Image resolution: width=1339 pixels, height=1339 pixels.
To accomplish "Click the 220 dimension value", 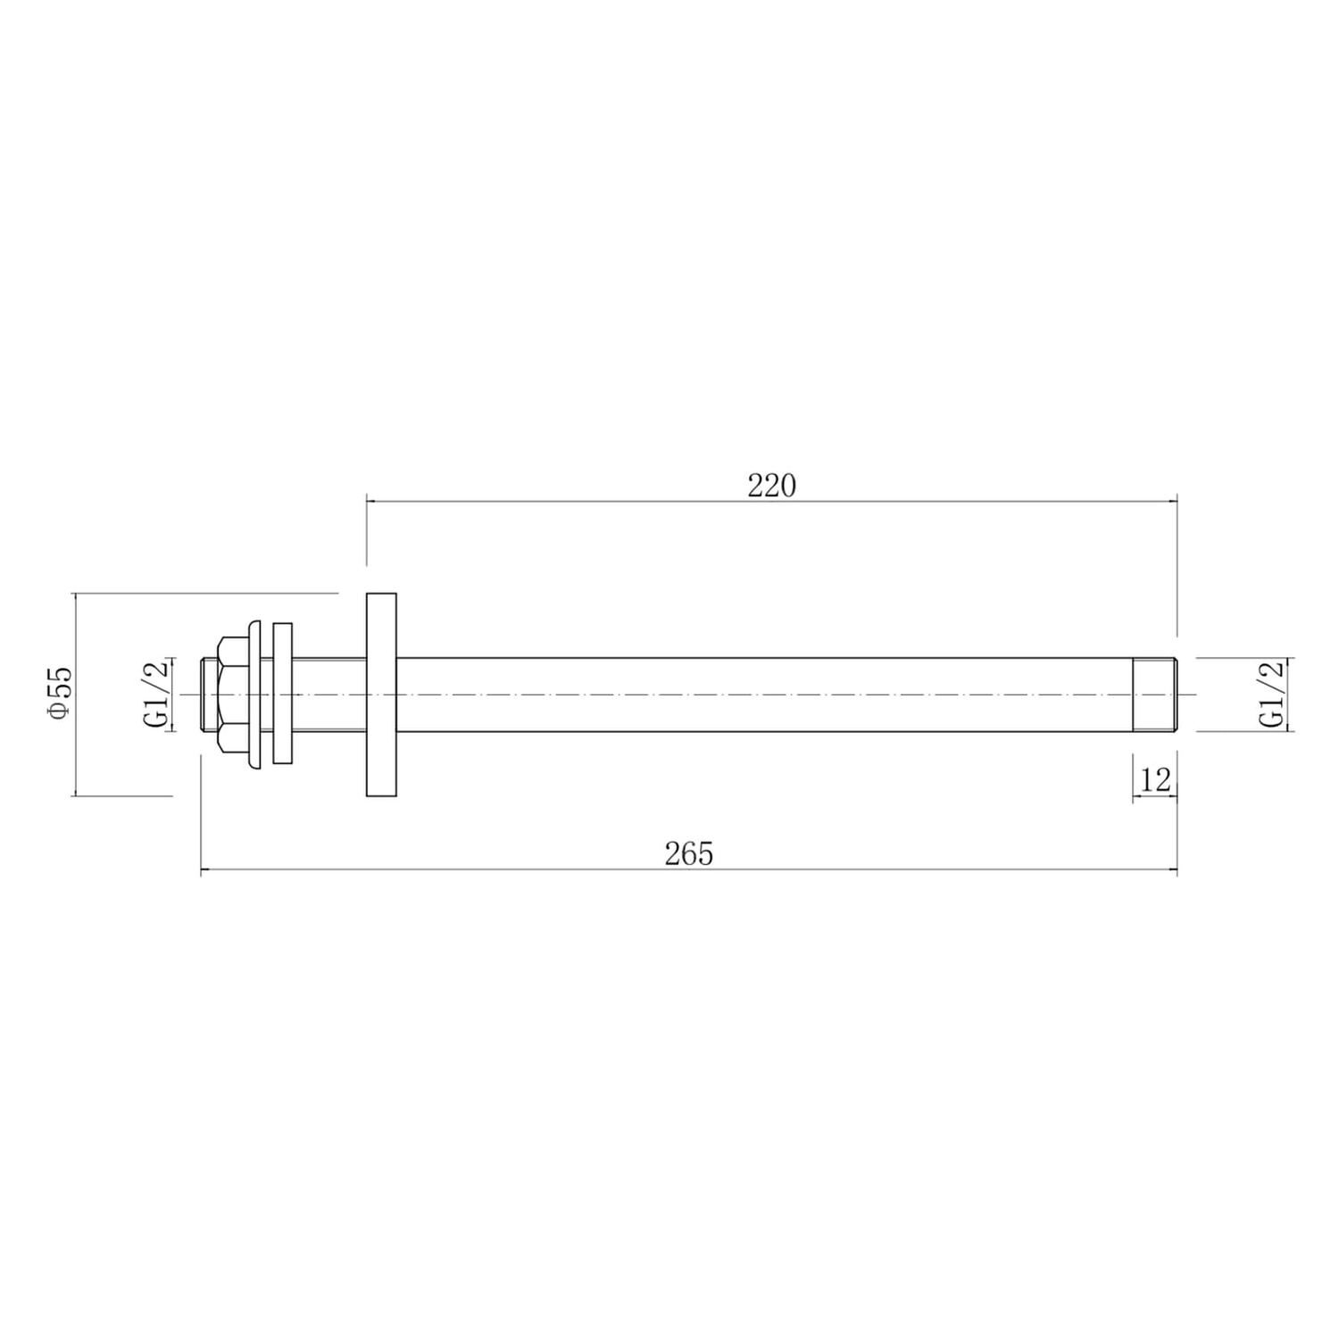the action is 771,486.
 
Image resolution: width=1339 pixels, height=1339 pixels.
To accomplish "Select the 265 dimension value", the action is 689,854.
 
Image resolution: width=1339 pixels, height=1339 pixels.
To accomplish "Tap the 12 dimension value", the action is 1155,780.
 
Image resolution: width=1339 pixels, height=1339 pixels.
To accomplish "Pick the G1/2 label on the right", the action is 1271,694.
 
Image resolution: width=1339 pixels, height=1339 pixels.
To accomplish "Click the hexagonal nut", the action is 235,694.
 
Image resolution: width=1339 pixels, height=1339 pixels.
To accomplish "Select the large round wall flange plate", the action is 381,694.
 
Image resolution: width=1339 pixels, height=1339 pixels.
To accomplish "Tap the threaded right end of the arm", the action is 1155,694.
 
